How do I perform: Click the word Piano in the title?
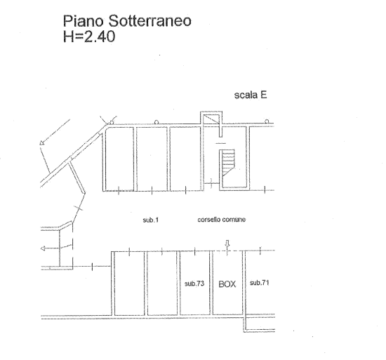(84, 22)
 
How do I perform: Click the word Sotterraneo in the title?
(149, 20)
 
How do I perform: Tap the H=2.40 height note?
(89, 36)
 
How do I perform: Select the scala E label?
(251, 95)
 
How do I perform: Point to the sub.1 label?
(151, 220)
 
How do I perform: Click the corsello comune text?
(222, 220)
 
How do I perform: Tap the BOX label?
(227, 284)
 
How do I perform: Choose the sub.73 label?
(194, 284)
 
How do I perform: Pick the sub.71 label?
(259, 283)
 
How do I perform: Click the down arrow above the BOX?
(227, 244)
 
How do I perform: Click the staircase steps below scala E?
(228, 162)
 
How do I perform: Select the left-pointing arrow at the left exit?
(50, 248)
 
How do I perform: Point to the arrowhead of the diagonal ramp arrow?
(42, 142)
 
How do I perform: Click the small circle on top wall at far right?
(267, 121)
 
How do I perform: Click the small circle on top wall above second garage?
(156, 122)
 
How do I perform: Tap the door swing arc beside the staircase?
(211, 183)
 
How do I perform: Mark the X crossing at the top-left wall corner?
(108, 121)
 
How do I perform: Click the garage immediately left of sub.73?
(162, 283)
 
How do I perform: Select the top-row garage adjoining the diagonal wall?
(119, 159)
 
